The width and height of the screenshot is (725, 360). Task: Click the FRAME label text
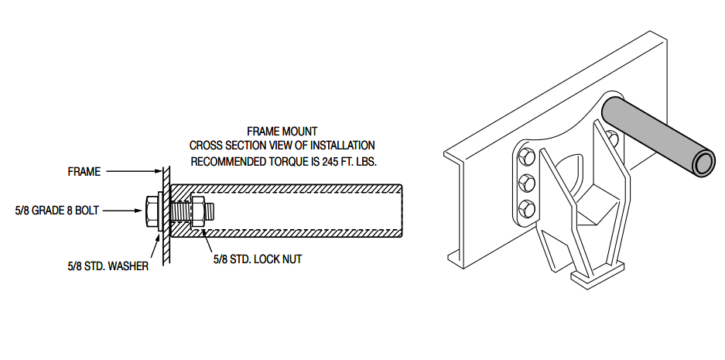[x=84, y=172]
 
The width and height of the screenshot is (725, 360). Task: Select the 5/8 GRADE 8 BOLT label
[x=56, y=211]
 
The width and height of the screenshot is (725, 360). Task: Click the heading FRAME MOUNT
[x=282, y=132]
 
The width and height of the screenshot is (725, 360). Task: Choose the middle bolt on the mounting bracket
[x=526, y=183]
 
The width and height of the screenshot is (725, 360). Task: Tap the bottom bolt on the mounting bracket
[x=526, y=207]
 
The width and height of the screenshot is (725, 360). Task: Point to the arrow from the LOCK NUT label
[x=203, y=238]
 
